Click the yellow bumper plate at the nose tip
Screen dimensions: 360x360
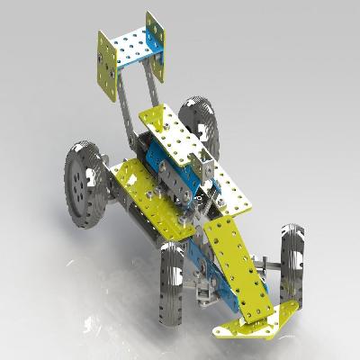tap(252, 319)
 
